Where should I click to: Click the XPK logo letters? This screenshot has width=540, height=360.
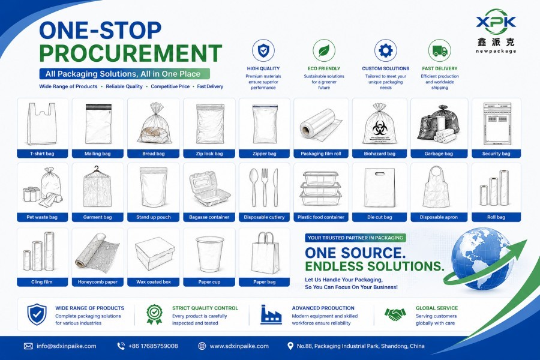(496, 22)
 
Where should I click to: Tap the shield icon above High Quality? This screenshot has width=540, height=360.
(263, 50)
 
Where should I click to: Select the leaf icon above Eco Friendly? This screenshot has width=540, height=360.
(324, 50)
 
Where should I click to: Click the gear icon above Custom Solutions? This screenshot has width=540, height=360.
(386, 50)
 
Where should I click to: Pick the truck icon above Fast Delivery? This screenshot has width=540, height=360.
(440, 50)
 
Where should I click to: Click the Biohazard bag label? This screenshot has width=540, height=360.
(380, 154)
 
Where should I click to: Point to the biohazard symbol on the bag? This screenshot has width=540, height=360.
(379, 128)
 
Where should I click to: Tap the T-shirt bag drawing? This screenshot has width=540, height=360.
(42, 124)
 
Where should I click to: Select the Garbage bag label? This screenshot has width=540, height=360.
(439, 154)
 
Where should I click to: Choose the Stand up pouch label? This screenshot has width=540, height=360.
(153, 217)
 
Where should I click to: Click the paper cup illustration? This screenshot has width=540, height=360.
(209, 254)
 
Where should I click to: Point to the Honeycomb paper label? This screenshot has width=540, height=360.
(97, 282)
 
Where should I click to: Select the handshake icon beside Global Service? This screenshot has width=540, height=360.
(395, 314)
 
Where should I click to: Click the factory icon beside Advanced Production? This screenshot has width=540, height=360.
(271, 314)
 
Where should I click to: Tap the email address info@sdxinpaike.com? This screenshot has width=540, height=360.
(67, 346)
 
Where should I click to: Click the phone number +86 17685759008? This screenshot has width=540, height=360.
(153, 346)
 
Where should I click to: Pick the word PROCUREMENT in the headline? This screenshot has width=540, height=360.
(131, 53)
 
